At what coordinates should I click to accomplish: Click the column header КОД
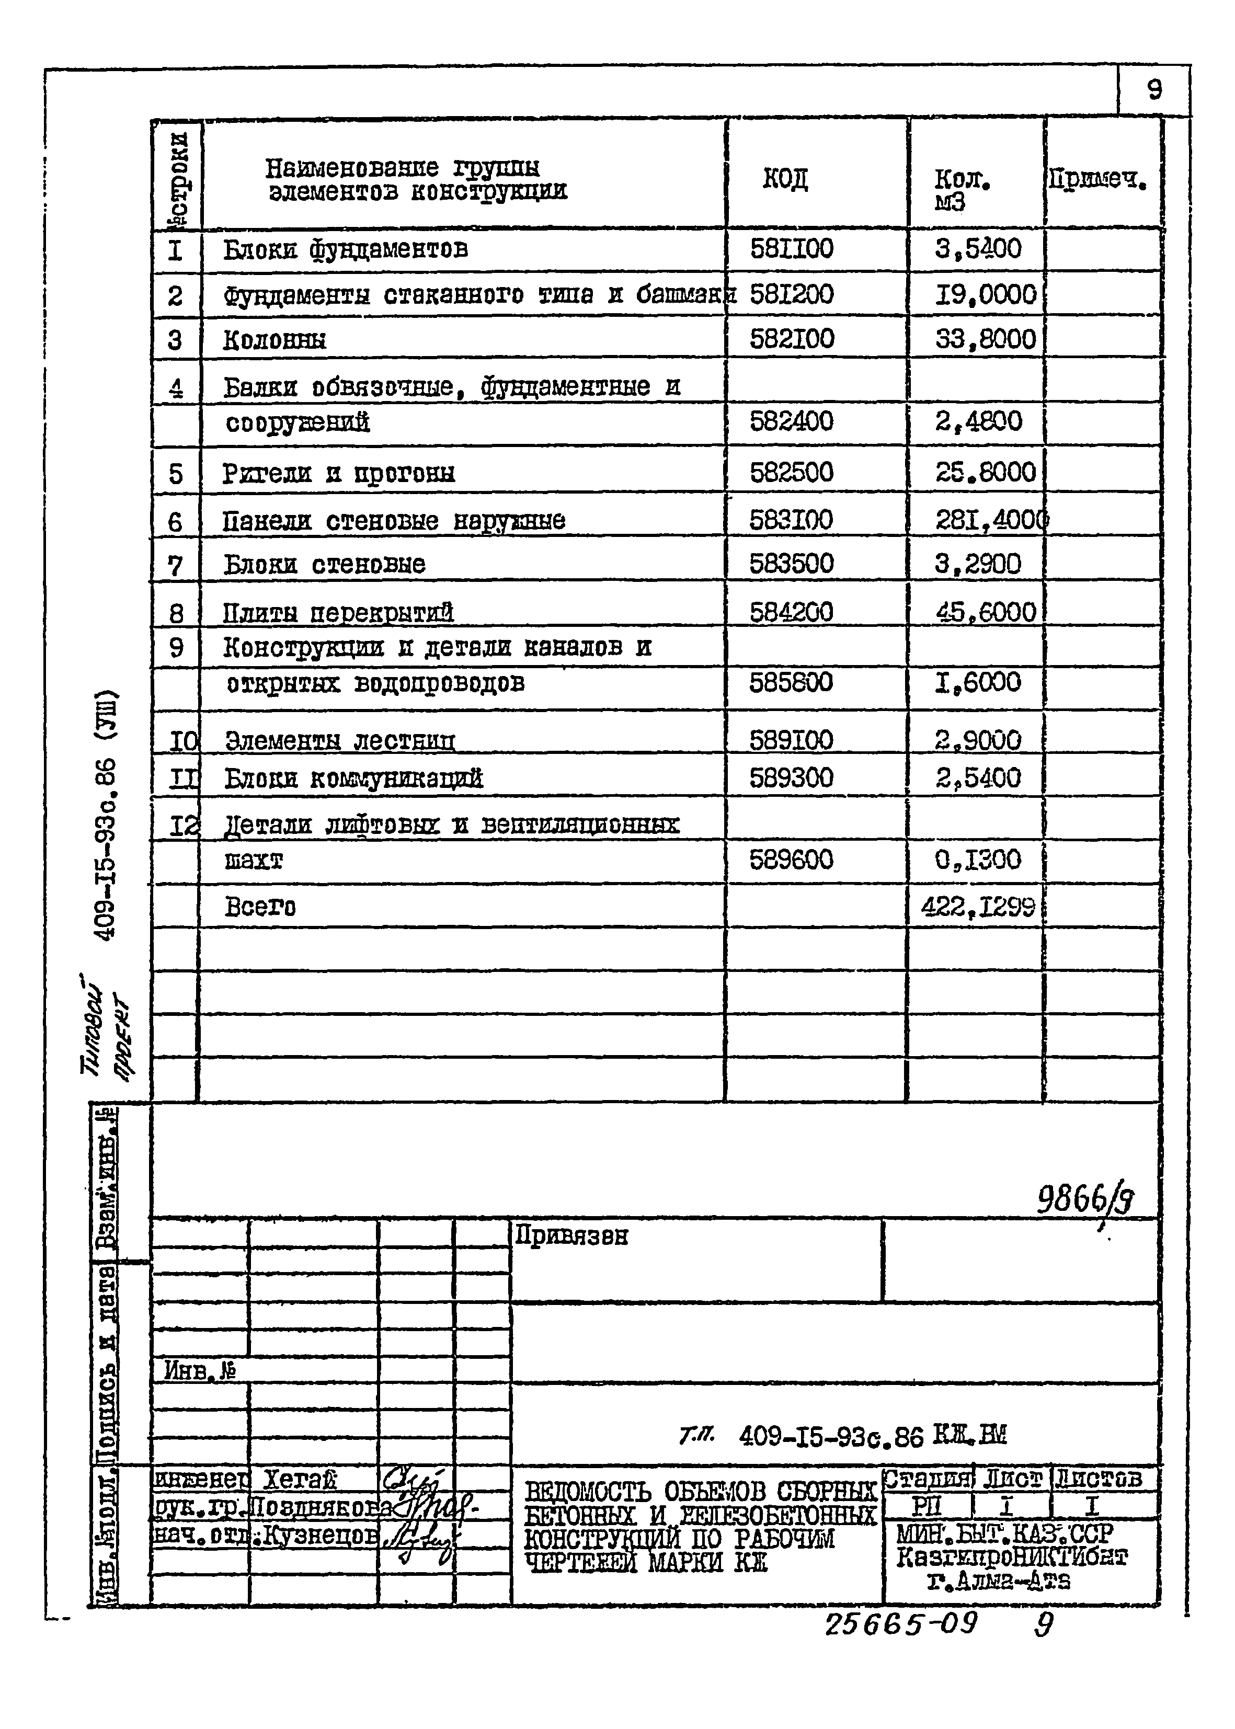tap(785, 179)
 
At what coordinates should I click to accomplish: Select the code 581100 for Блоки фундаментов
tap(791, 249)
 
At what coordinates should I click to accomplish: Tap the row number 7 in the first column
tap(175, 566)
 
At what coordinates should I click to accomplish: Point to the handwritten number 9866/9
tap(1085, 1201)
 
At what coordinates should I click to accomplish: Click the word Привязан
tap(572, 1235)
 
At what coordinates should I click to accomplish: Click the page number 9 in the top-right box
tap(1153, 90)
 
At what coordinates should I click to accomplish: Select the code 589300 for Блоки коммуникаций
tap(791, 777)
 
